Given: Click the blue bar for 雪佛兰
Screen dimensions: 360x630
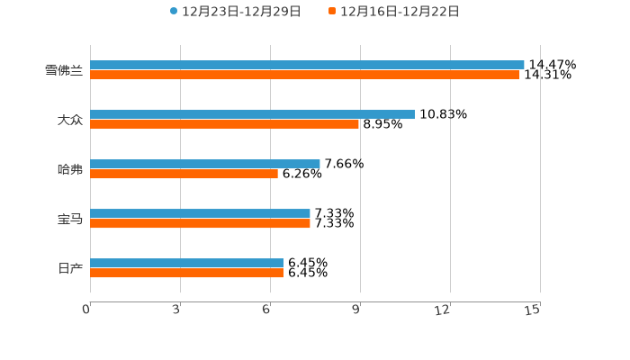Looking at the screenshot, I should (x=307, y=65).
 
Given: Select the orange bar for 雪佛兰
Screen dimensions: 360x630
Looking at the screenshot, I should (x=304, y=75).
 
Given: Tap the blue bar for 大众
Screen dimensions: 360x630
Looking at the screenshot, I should (x=252, y=114).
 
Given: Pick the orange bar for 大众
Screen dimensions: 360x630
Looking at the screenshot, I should (x=224, y=124).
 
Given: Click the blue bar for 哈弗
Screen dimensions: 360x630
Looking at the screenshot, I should (x=205, y=164).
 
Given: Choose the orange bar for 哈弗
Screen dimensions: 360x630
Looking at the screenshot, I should (x=184, y=174).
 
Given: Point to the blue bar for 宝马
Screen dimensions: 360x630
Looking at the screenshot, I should (x=200, y=213).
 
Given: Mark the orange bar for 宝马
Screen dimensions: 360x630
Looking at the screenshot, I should (x=200, y=223).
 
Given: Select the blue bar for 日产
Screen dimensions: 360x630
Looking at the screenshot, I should (x=186, y=263).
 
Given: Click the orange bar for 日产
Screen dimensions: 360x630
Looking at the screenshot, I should (x=186, y=273).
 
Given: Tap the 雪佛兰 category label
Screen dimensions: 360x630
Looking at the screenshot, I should (x=63, y=70).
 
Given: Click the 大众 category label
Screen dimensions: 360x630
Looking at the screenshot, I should (x=69, y=120).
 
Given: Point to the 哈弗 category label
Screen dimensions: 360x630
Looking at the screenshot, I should (x=69, y=169).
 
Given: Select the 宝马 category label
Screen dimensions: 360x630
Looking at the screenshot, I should (x=69, y=219).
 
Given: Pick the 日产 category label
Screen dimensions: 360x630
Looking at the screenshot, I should (x=69, y=268).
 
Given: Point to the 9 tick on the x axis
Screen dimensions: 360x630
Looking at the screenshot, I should (x=357, y=310).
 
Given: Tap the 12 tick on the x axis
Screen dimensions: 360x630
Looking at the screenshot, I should (x=443, y=310).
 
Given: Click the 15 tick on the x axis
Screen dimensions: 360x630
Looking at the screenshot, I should (x=533, y=310).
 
